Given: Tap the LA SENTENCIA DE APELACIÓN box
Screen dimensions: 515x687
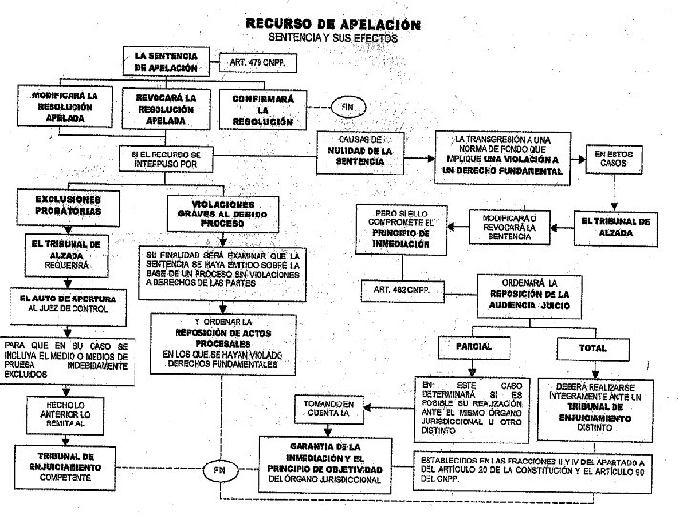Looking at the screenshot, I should point(167,63).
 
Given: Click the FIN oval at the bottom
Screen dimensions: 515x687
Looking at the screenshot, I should point(219,470).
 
